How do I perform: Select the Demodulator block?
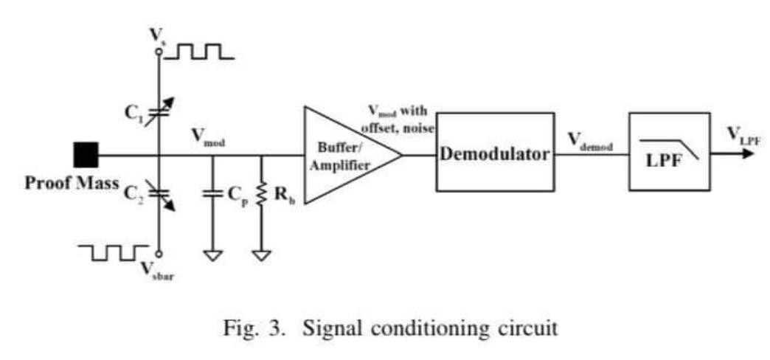click(x=494, y=154)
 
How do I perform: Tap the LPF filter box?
click(x=669, y=153)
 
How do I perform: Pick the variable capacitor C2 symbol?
click(x=159, y=193)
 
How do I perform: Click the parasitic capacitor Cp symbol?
click(x=212, y=194)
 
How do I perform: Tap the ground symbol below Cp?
click(x=212, y=255)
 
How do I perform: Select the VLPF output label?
click(x=742, y=133)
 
